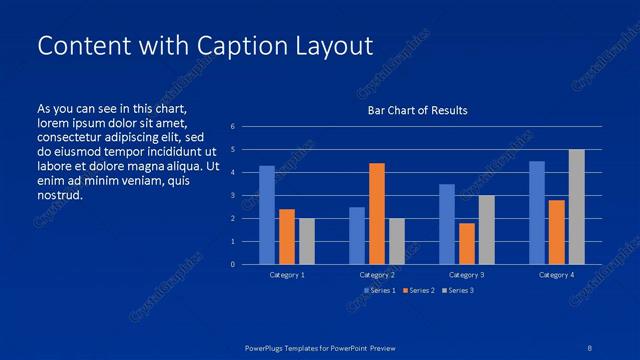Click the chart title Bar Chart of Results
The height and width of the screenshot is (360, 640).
[x=417, y=110]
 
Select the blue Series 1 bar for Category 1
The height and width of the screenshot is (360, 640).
[x=266, y=215]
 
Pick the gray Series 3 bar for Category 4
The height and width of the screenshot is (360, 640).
[x=577, y=207]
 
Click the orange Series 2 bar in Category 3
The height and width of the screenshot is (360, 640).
[x=466, y=244]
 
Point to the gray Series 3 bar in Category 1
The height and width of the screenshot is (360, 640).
[x=306, y=241]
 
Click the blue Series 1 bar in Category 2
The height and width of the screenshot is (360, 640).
[x=356, y=236]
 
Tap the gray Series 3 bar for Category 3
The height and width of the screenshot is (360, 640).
[x=486, y=230]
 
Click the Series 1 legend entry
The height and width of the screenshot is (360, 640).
[x=380, y=290]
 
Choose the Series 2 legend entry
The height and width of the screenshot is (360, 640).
[x=419, y=290]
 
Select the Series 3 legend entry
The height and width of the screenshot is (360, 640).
[x=458, y=290]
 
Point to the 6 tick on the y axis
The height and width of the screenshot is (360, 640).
[x=232, y=127]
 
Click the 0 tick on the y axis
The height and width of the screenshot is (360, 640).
[x=232, y=264]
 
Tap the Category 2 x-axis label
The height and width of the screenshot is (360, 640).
[x=377, y=274]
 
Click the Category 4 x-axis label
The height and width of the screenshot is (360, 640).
[x=556, y=274]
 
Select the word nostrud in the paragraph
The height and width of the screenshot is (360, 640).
[x=60, y=195]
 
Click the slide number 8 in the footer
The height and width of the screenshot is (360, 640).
[x=590, y=348]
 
